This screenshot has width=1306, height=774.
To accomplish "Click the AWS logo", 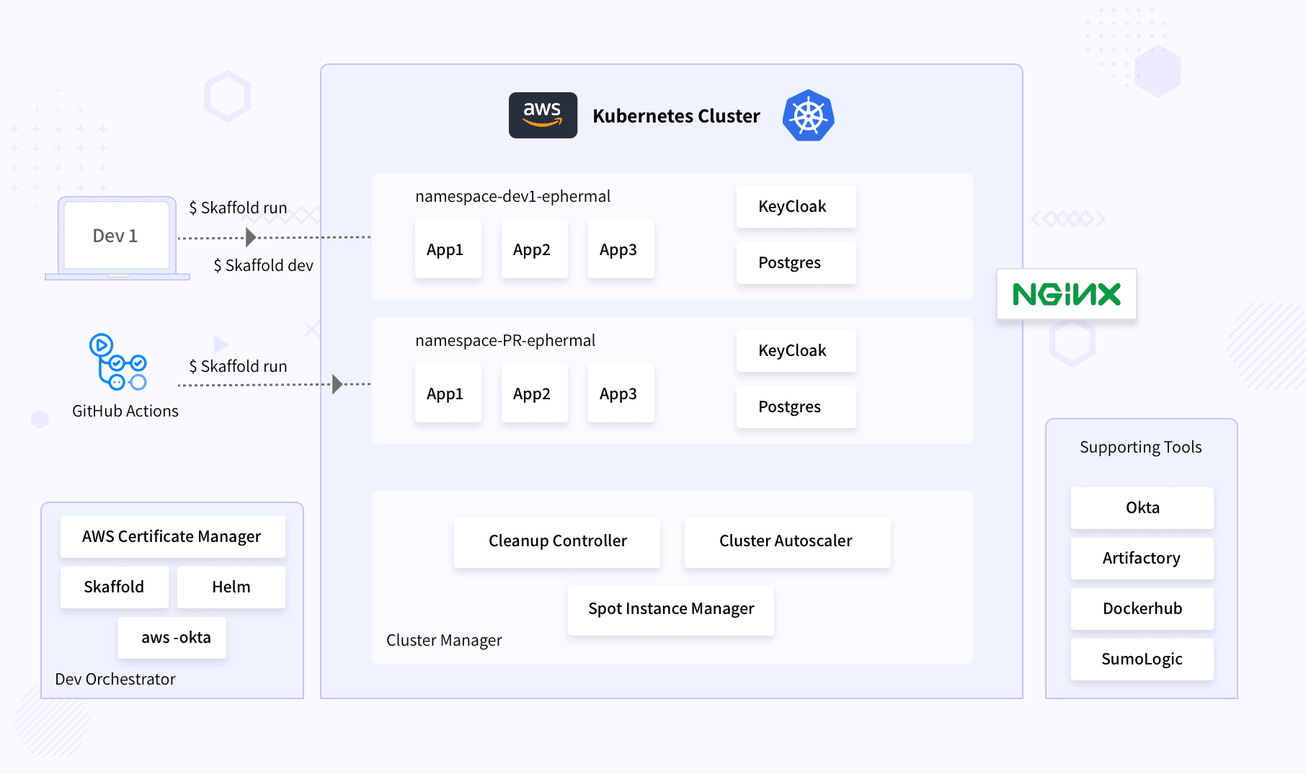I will [x=543, y=115].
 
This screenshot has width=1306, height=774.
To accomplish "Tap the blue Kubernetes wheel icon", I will [x=808, y=115].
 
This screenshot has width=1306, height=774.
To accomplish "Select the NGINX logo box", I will [x=1066, y=294].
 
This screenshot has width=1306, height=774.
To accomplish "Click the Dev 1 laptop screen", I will [x=116, y=236].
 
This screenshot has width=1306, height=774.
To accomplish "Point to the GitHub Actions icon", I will [x=117, y=362].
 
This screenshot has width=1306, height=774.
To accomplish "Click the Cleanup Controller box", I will [x=557, y=541].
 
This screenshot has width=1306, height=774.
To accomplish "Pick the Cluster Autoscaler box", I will [x=786, y=541].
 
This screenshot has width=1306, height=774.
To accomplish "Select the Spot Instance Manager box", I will [x=670, y=609].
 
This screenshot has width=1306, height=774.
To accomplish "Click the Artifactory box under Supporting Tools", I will [x=1142, y=559].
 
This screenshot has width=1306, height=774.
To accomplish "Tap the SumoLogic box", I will [x=1142, y=659].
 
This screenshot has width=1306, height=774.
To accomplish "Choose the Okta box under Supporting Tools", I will [x=1142, y=508].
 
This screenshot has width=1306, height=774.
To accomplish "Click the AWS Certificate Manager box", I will [x=172, y=537].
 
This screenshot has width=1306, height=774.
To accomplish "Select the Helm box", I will [x=231, y=587].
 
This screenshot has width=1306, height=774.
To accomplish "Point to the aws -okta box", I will [x=172, y=638].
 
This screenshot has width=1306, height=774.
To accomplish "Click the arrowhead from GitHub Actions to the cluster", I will [x=337, y=384].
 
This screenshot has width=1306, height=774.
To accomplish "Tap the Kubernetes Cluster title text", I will [x=676, y=116].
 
